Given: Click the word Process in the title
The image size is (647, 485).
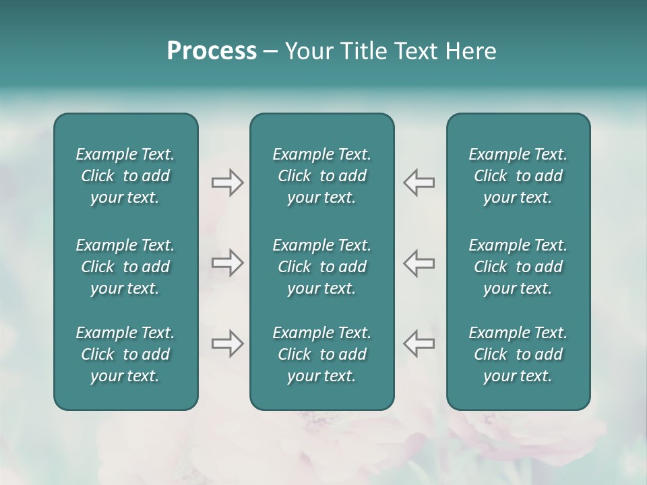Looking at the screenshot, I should [x=212, y=51].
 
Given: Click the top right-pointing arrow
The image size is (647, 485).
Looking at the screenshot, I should [x=227, y=183].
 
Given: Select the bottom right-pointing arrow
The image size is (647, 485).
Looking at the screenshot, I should [x=227, y=344].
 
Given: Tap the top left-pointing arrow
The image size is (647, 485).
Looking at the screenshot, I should [x=419, y=183].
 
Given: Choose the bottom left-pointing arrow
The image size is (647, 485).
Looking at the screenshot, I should [x=419, y=344].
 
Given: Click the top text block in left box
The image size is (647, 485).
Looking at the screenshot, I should [x=125, y=176].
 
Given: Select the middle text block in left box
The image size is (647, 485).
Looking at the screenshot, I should [x=125, y=267].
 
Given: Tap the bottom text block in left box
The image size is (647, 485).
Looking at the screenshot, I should [x=125, y=354].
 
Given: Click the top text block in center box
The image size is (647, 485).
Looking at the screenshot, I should [x=321, y=176].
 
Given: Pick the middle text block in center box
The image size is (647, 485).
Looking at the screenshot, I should [x=321, y=267].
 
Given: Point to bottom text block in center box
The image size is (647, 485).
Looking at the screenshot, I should [x=321, y=354].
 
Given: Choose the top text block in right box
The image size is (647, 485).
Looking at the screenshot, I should [x=518, y=176].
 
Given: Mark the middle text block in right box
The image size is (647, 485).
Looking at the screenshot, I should [x=518, y=267].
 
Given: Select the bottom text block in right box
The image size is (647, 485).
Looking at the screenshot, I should [x=518, y=354].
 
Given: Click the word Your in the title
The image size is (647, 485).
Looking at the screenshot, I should [x=305, y=51].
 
